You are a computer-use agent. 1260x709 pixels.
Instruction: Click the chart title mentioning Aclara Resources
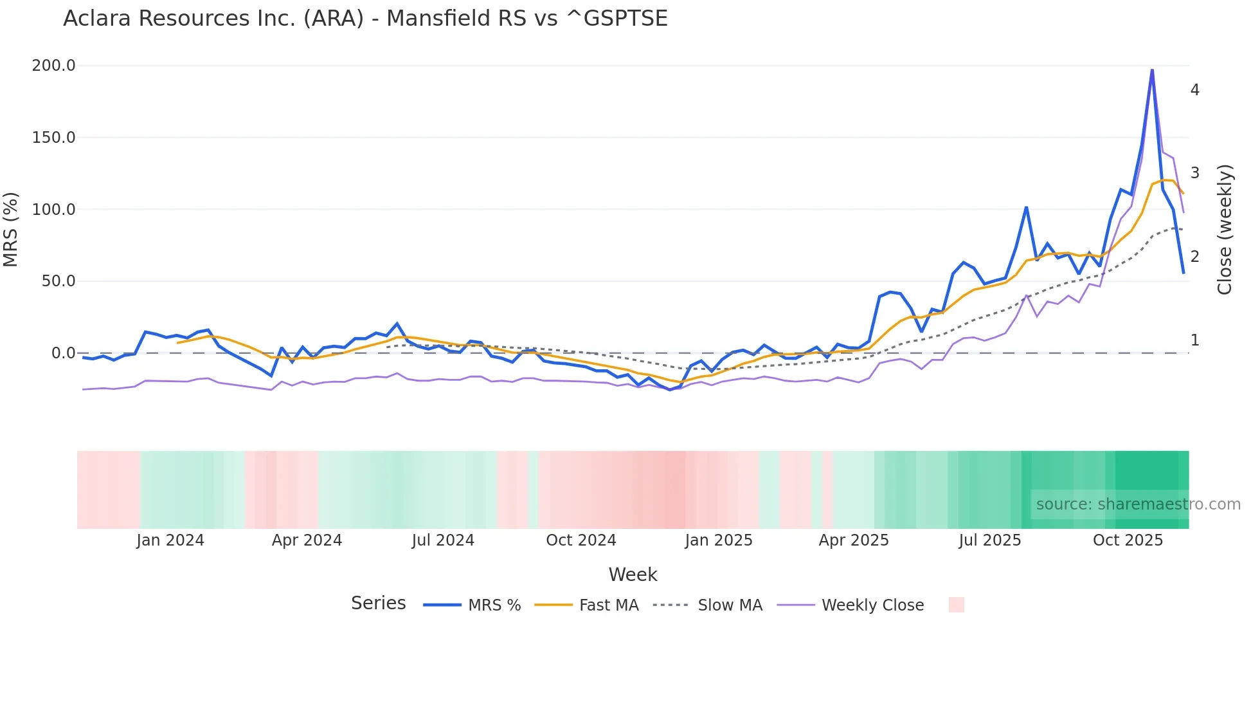coord(365,19)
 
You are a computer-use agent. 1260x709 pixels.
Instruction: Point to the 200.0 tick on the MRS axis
coord(54,66)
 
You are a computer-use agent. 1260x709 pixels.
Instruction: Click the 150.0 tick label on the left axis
coord(54,138)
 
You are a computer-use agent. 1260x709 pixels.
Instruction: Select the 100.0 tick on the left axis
coord(54,210)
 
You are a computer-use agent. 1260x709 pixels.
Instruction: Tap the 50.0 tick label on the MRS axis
coord(59,281)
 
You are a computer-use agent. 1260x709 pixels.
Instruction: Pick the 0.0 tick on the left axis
coord(63,353)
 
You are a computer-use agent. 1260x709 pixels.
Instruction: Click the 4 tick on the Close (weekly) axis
coord(1194,90)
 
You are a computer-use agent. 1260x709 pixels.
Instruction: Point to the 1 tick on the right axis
coord(1194,340)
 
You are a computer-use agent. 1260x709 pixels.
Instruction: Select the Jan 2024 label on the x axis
coord(170,540)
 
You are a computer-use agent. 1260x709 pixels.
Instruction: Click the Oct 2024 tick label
coord(581,540)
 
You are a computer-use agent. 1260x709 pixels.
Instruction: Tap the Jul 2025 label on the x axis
coord(990,540)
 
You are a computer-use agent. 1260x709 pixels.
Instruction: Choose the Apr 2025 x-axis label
coord(854,540)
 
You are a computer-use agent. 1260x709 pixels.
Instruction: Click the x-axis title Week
coord(633,575)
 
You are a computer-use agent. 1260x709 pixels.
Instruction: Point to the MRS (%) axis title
coord(11,230)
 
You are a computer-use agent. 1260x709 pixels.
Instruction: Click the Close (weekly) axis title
coord(1225,230)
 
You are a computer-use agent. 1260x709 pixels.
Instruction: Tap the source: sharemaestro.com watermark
coord(1138,504)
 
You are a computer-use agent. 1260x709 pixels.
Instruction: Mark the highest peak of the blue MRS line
coord(1152,69)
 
